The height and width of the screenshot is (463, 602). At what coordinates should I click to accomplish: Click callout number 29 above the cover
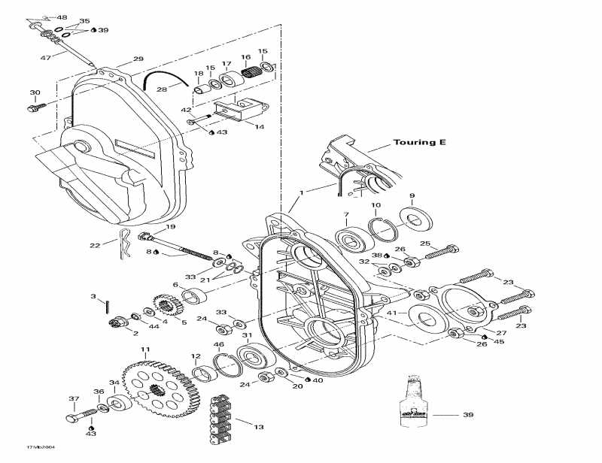pos(138,59)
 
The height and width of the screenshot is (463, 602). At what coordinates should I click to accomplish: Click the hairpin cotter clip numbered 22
pos(123,246)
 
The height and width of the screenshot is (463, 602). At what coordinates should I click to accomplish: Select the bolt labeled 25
pos(441,251)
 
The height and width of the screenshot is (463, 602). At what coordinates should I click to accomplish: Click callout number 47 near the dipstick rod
pos(45,57)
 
